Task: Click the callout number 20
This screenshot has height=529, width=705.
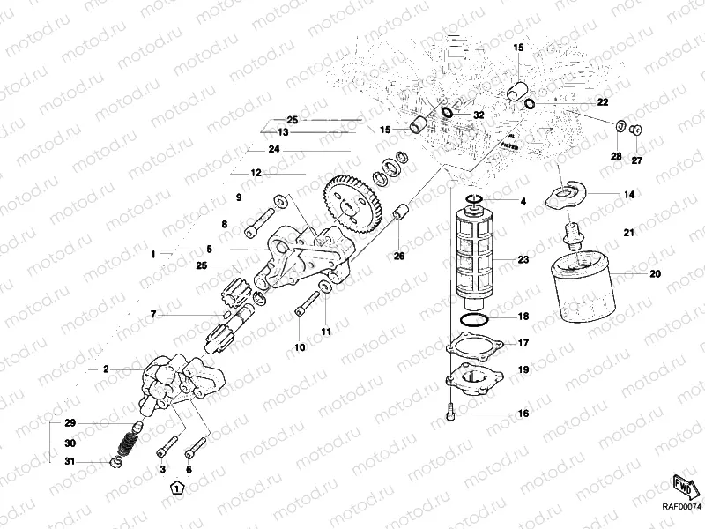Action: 654,274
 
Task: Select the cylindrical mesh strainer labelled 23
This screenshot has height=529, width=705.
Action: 477,256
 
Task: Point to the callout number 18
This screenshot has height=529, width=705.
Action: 523,316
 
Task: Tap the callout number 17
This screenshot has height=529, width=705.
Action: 523,343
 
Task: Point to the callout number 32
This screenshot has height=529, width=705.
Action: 479,115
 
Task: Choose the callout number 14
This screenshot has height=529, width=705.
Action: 629,194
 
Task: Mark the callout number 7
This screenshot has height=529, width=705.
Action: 152,314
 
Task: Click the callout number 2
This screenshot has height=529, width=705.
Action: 106,369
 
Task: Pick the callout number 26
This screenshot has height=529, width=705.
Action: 399,257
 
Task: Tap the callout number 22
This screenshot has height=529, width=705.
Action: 603,103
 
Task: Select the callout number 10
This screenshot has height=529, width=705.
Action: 300,348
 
